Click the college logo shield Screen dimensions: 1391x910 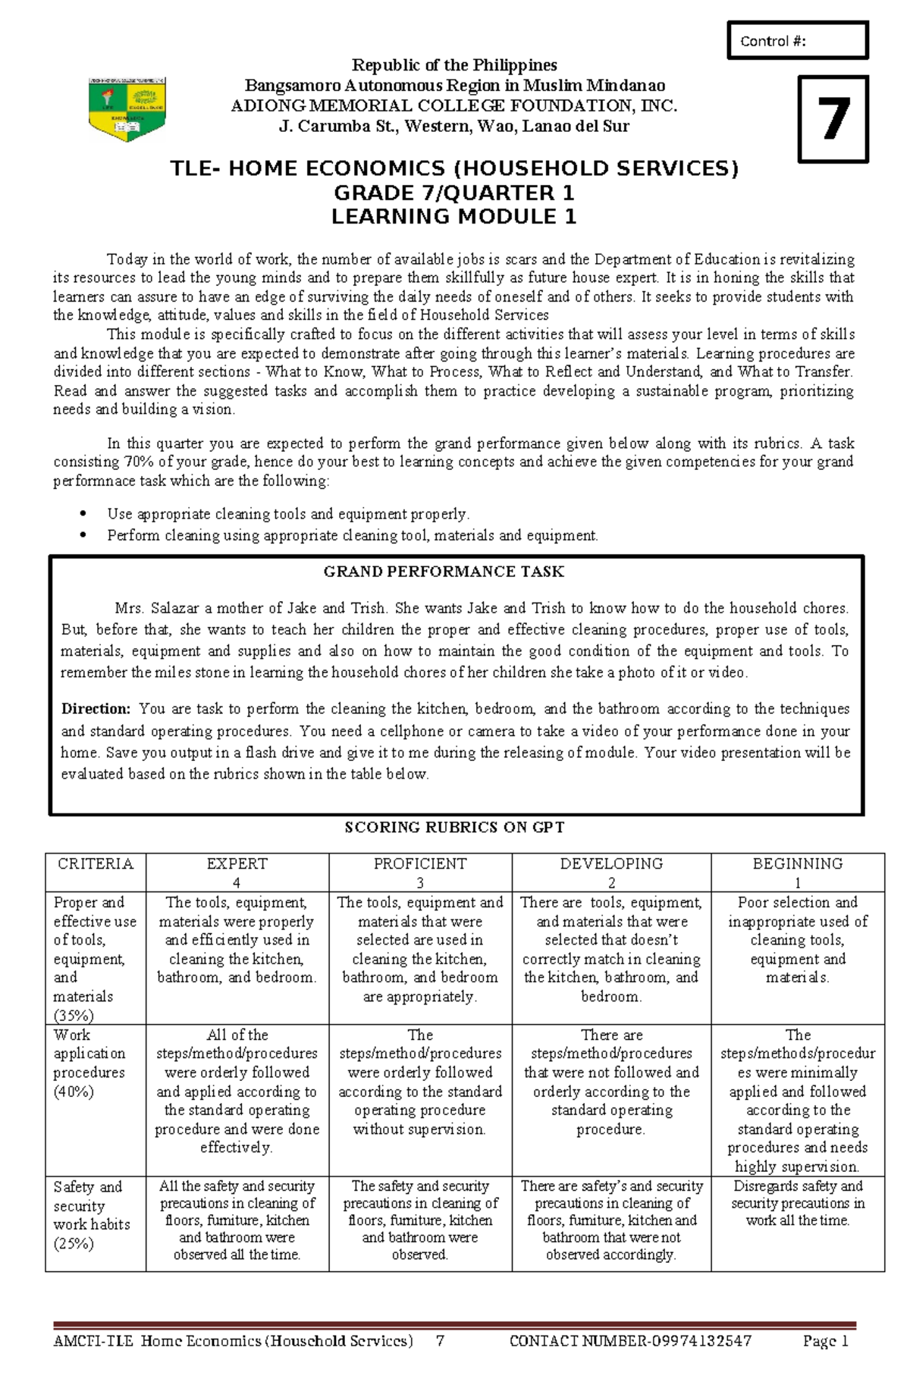coord(127,109)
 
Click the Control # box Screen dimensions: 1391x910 coord(797,41)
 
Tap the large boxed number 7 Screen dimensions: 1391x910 coord(833,119)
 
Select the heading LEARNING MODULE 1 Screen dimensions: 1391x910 coord(453,217)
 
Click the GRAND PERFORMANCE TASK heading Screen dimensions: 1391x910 coord(444,572)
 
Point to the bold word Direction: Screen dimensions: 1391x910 coord(96,709)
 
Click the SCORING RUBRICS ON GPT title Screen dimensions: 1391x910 coord(454,827)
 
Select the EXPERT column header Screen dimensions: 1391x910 coord(237,864)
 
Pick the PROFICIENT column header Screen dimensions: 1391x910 coord(419,864)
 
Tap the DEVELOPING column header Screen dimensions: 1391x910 coord(611,864)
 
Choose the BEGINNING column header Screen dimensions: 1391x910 coord(797,864)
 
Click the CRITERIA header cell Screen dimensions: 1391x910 coord(96,864)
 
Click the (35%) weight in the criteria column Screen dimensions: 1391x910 coord(74,1015)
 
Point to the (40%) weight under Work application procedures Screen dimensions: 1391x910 coord(74,1092)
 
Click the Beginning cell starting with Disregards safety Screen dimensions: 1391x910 coord(797,1203)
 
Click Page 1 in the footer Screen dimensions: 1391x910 coord(825,1341)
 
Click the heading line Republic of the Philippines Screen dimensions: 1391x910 coord(453,65)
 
